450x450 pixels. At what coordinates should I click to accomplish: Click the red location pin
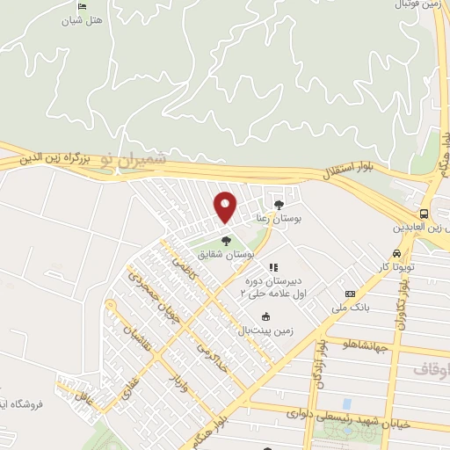(x=226, y=206)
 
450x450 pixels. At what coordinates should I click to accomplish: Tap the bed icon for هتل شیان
(x=82, y=7)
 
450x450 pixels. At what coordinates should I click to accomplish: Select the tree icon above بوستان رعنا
(x=279, y=205)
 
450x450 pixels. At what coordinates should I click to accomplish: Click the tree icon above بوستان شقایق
(x=226, y=239)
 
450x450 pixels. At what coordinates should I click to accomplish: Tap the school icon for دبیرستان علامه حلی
(x=272, y=267)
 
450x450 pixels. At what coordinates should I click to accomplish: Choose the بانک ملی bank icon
(x=351, y=294)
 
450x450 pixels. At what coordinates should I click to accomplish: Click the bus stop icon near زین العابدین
(x=425, y=214)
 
